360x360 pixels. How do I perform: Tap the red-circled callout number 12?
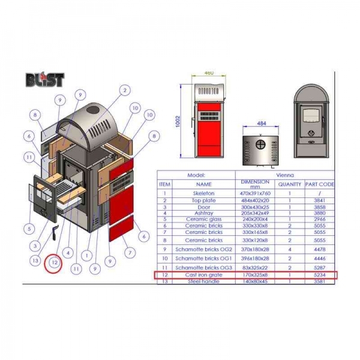[54, 262]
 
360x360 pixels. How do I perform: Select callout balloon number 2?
[124, 91]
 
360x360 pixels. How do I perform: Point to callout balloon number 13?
[37, 260]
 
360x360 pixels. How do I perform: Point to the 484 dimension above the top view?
[260, 123]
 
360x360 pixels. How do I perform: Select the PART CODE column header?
[319, 184]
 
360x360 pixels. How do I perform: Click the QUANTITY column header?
[289, 184]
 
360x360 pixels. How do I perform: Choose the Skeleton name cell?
[204, 193]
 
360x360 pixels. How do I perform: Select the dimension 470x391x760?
[255, 193]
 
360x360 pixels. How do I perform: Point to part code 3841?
[319, 200]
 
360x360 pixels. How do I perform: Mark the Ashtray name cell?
[204, 213]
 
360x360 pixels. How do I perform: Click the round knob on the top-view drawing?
[260, 145]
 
